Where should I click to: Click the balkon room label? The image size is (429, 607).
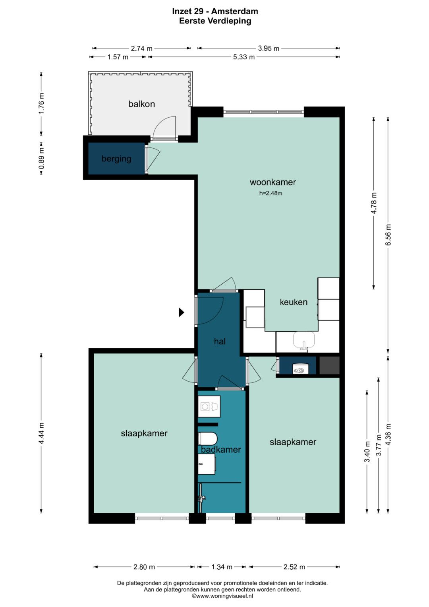[x=142, y=104]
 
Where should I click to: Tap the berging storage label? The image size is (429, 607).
[x=116, y=159]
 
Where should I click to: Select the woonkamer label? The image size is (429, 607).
[x=273, y=182]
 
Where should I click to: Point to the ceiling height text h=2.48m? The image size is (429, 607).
[x=271, y=193]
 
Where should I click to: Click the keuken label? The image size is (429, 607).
[x=294, y=302]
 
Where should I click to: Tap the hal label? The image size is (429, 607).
[x=220, y=341]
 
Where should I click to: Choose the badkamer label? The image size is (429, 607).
[x=221, y=450]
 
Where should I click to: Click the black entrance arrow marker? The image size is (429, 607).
[x=182, y=312]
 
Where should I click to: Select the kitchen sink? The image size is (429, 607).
[x=304, y=340]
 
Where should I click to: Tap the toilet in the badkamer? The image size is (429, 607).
[x=208, y=438]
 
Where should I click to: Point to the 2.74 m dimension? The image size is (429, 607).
[x=142, y=48]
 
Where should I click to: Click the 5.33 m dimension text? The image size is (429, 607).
[x=244, y=57]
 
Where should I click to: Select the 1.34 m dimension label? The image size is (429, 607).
[x=222, y=567]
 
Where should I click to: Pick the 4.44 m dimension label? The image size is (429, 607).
[x=41, y=433]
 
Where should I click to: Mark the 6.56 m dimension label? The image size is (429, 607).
[x=388, y=235]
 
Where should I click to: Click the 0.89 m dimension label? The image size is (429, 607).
[x=41, y=158]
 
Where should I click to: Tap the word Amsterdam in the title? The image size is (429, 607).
[x=234, y=12]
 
